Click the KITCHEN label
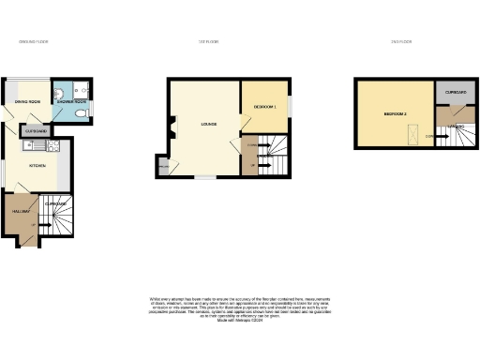[x=37, y=165]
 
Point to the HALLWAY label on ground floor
[x=21, y=212]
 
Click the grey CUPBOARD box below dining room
[x=35, y=131]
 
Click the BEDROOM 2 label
[x=395, y=113]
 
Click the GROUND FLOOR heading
[x=34, y=42]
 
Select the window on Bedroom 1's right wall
[x=290, y=107]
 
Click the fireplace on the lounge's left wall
[x=172, y=131]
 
